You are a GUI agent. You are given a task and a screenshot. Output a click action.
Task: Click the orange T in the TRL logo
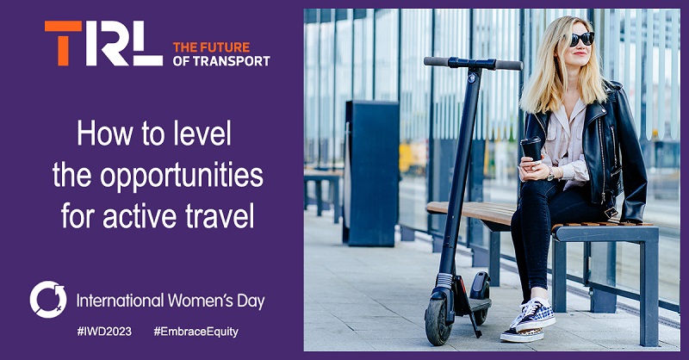(63, 43)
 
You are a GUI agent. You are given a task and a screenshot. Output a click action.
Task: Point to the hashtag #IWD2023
(104, 332)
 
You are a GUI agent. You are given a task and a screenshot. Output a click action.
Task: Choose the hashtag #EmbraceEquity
(196, 332)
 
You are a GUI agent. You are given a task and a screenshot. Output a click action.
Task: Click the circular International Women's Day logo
(48, 300)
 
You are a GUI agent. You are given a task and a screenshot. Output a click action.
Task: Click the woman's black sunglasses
(582, 39)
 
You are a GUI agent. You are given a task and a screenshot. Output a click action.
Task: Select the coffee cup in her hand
(531, 149)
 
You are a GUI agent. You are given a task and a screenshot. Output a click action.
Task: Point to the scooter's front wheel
(438, 320)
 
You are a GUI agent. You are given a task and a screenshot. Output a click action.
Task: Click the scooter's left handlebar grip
(437, 61)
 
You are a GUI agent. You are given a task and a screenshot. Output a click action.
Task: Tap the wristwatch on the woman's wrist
(550, 174)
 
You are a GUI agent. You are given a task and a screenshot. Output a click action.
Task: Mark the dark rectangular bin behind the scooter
(371, 173)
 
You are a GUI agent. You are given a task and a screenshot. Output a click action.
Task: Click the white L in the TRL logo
(147, 43)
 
